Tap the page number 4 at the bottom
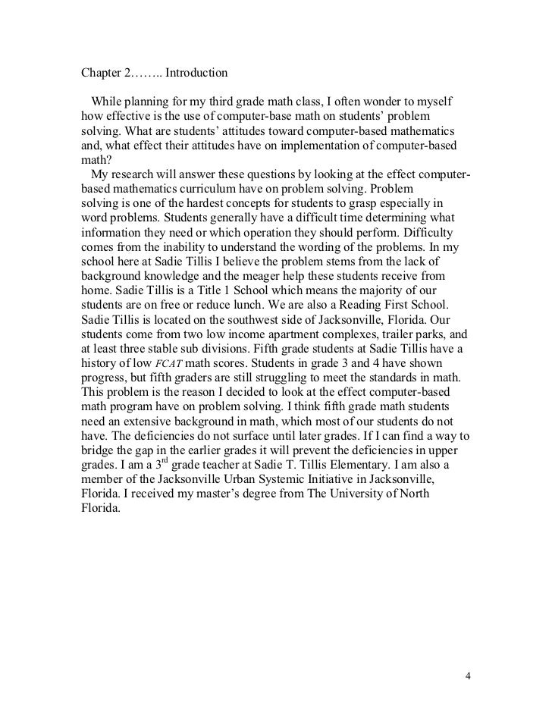(x=468, y=654)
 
